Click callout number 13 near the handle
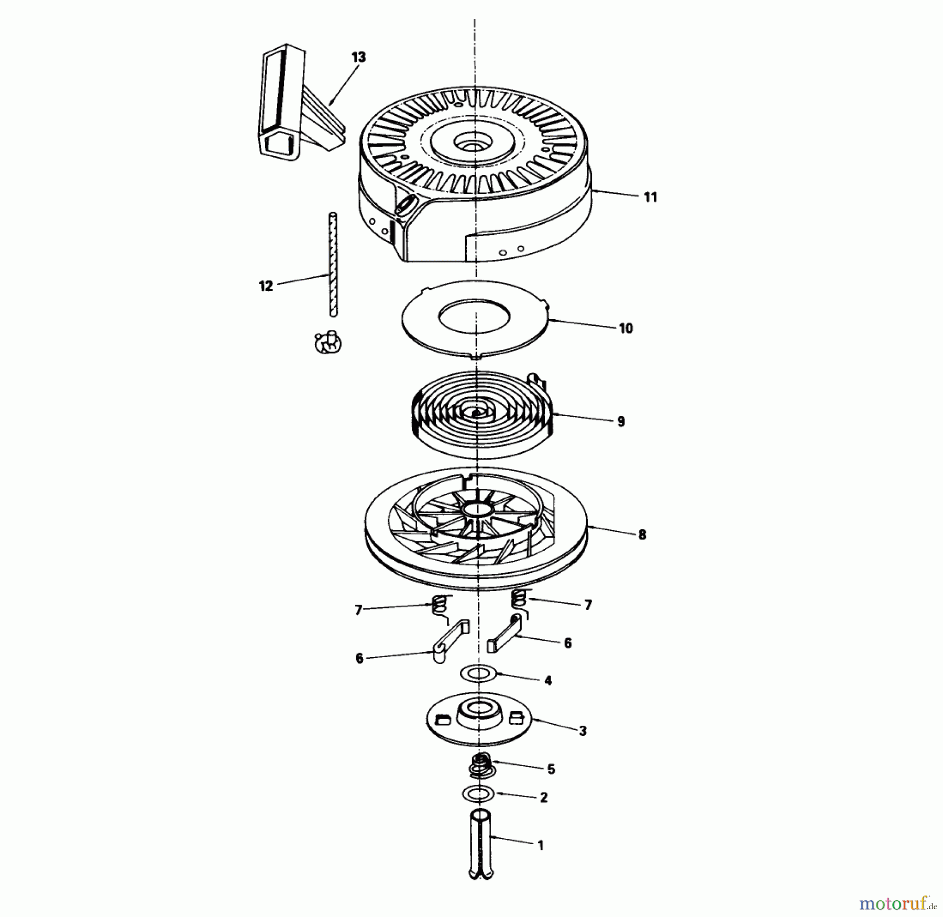(x=358, y=57)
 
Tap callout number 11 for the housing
(x=650, y=197)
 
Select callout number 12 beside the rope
(x=266, y=286)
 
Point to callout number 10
(x=626, y=329)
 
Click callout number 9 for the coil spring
(x=621, y=421)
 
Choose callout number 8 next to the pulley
(x=642, y=534)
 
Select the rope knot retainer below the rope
(x=328, y=343)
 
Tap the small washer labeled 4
(x=478, y=673)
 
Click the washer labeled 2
(x=478, y=794)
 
